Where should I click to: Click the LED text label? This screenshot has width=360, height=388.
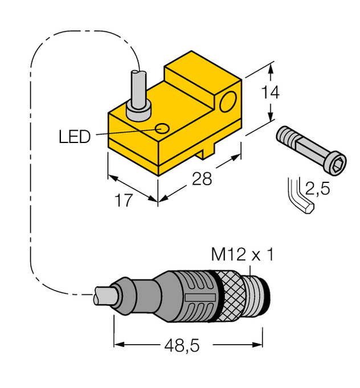75,136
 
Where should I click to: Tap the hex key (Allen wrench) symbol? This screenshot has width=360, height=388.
300,197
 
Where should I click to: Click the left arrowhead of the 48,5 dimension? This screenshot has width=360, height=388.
118,344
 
